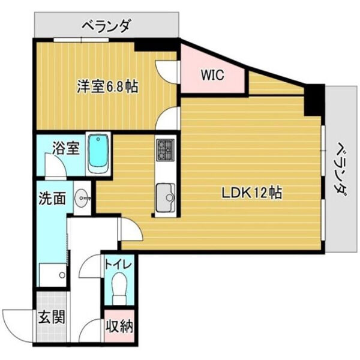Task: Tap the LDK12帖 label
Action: click(x=252, y=193)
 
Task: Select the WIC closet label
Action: click(x=212, y=76)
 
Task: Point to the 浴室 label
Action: click(x=65, y=148)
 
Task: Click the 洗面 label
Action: click(x=52, y=199)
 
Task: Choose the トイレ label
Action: click(x=118, y=264)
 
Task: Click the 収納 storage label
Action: click(x=119, y=327)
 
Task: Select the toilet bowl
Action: click(x=119, y=287)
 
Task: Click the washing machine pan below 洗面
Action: click(x=52, y=275)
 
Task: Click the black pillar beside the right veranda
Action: click(x=314, y=100)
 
